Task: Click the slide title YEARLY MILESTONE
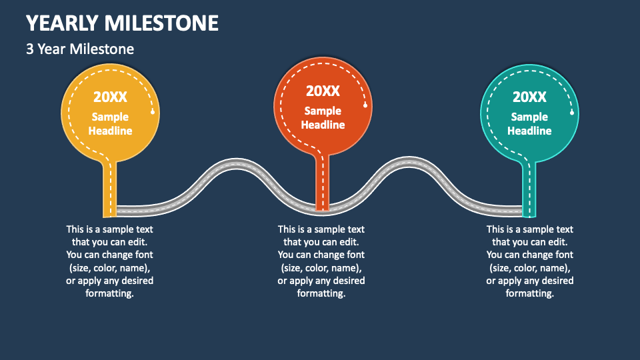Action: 122,23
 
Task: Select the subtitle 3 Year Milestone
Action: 80,49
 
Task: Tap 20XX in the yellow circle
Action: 110,97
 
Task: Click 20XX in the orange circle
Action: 323,91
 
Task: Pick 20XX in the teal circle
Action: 529,97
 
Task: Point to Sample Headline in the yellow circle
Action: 110,124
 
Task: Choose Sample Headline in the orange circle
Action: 323,118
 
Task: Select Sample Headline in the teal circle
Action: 529,124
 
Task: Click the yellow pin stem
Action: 110,190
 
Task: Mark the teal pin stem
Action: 529,190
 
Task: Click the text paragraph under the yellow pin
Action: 110,261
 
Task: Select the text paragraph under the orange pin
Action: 321,261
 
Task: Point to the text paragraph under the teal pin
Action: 530,261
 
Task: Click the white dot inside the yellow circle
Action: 153,112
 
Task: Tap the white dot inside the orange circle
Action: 365,105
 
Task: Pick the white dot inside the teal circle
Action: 572,112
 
